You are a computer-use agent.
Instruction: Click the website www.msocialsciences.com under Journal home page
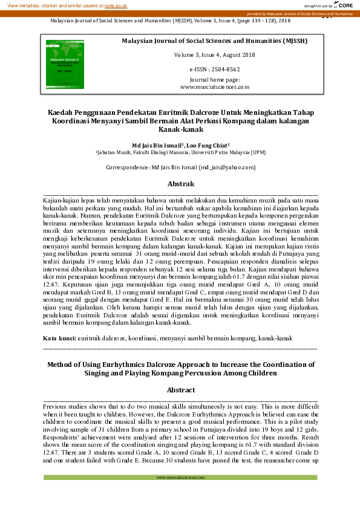pyautogui.click(x=214, y=87)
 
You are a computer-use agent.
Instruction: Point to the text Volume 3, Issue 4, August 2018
pyautogui.click(x=214, y=55)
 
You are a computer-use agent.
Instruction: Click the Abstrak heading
pyautogui.click(x=180, y=184)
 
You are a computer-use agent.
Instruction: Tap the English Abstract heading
pyautogui.click(x=180, y=391)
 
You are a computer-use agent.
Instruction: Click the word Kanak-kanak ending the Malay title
pyautogui.click(x=180, y=129)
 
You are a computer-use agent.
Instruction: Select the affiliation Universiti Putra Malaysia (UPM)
pyautogui.click(x=223, y=154)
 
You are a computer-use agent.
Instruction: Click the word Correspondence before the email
pyautogui.click(x=126, y=167)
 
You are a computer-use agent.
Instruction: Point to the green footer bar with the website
pyautogui.click(x=180, y=477)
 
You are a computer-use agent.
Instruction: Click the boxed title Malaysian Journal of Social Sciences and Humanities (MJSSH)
pyautogui.click(x=214, y=41)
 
